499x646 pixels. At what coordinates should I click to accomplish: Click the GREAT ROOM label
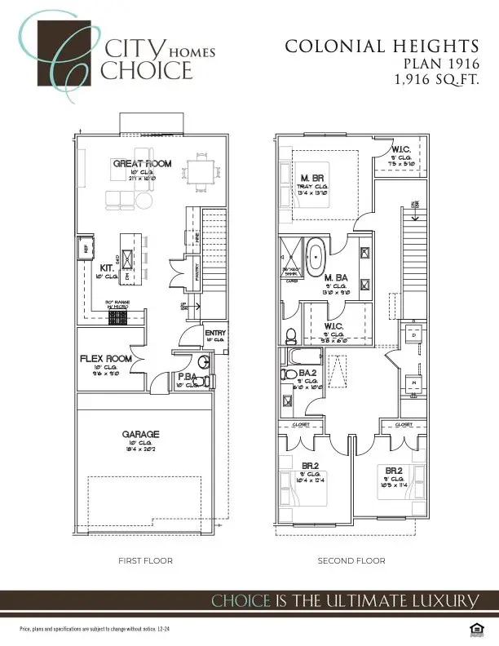coord(142,164)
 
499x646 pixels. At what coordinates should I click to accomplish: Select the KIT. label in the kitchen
coord(107,267)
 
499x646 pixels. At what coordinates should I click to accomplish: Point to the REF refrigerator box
coord(83,248)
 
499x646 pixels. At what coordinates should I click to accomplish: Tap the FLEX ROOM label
coord(106,358)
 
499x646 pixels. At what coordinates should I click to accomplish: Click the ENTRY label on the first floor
coord(215,333)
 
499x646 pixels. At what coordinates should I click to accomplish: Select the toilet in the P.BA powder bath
coord(205,381)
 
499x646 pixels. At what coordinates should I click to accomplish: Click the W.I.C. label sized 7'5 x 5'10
coord(400,150)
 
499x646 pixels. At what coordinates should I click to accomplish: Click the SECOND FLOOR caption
coord(351,561)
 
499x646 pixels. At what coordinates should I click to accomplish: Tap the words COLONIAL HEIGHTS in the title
coord(382,46)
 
